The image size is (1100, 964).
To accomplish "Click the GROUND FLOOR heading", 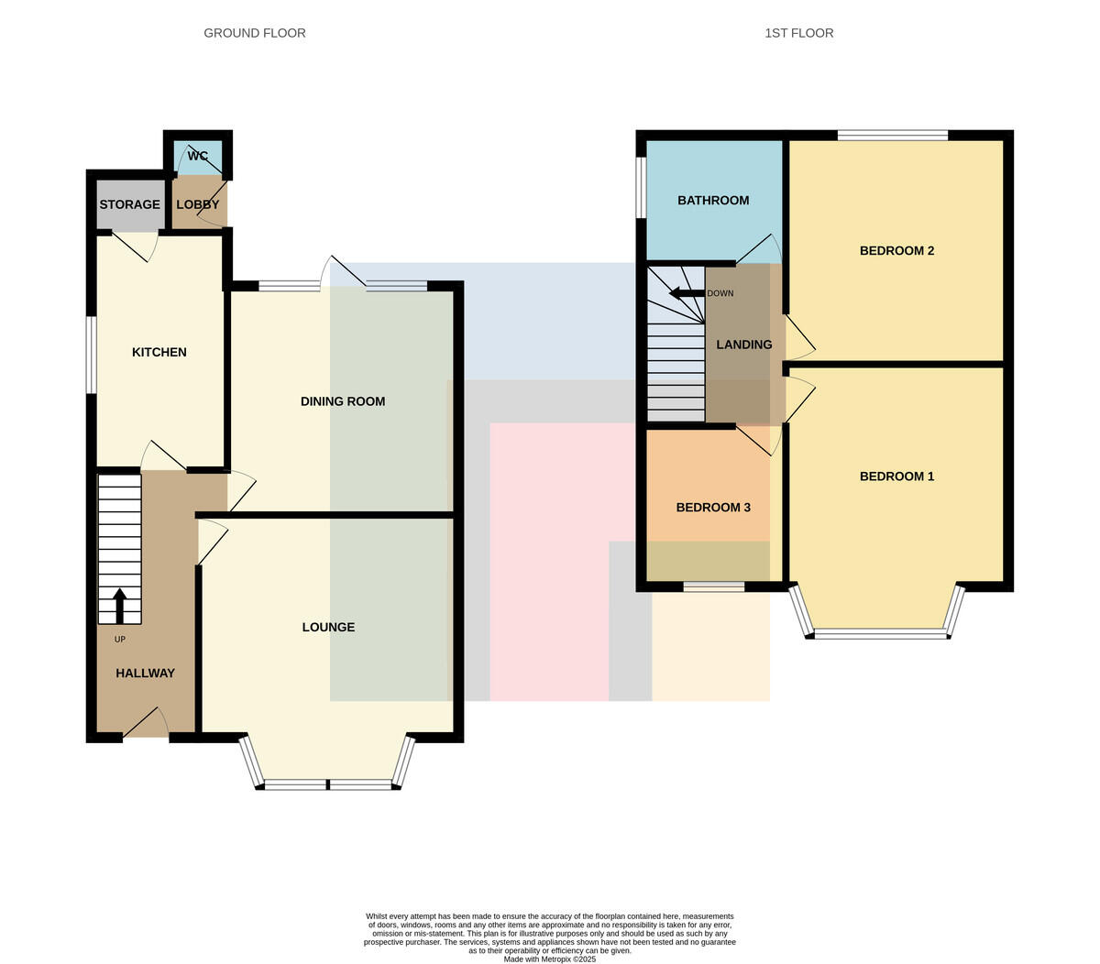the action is pyautogui.click(x=254, y=33).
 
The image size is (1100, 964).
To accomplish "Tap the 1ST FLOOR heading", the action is pyautogui.click(x=798, y=33).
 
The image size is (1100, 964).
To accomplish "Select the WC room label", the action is pyautogui.click(x=197, y=156).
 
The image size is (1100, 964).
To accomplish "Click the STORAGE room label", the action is pyautogui.click(x=129, y=204).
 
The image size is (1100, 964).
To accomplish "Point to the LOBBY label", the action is pyautogui.click(x=198, y=204).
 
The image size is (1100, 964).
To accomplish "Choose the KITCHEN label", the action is pyautogui.click(x=159, y=352).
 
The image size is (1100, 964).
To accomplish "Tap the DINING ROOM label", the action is pyautogui.click(x=343, y=401).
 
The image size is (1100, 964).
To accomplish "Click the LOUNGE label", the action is pyautogui.click(x=328, y=627).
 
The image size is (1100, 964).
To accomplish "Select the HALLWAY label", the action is pyautogui.click(x=145, y=674).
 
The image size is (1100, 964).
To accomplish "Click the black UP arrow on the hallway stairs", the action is pyautogui.click(x=119, y=606).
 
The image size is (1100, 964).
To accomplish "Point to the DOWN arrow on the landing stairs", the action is pyautogui.click(x=687, y=293).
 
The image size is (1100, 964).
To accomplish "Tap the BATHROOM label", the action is pyautogui.click(x=713, y=201).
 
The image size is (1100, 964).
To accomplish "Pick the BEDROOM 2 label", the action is pyautogui.click(x=896, y=251).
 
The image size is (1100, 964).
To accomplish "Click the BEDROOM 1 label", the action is pyautogui.click(x=896, y=477).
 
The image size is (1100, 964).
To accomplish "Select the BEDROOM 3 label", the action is pyautogui.click(x=713, y=508).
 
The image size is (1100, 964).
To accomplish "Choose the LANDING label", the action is pyautogui.click(x=743, y=345).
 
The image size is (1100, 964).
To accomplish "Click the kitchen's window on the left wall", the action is pyautogui.click(x=92, y=355).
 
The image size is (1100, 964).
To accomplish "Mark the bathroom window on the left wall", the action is pyautogui.click(x=642, y=188).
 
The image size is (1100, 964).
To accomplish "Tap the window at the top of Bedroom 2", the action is pyautogui.click(x=893, y=135).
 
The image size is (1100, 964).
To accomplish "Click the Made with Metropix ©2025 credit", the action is pyautogui.click(x=549, y=959).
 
